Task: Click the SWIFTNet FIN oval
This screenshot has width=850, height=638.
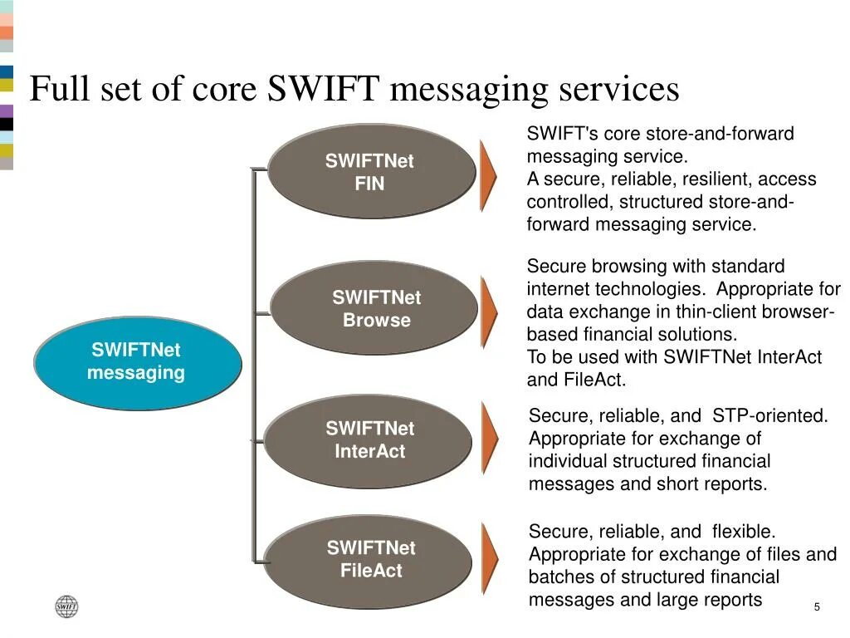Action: click(370, 172)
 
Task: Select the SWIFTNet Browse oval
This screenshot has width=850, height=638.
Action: click(375, 308)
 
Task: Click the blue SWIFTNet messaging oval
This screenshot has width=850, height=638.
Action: click(137, 362)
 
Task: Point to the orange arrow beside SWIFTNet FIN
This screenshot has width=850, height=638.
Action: click(488, 175)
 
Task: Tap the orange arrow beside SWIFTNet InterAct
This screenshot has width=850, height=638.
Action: click(490, 438)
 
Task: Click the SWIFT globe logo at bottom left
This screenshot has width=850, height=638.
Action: click(66, 607)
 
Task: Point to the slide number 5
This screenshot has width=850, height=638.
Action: click(817, 607)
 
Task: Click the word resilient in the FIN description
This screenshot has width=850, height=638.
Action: click(711, 179)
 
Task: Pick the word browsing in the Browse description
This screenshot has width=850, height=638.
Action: click(624, 267)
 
